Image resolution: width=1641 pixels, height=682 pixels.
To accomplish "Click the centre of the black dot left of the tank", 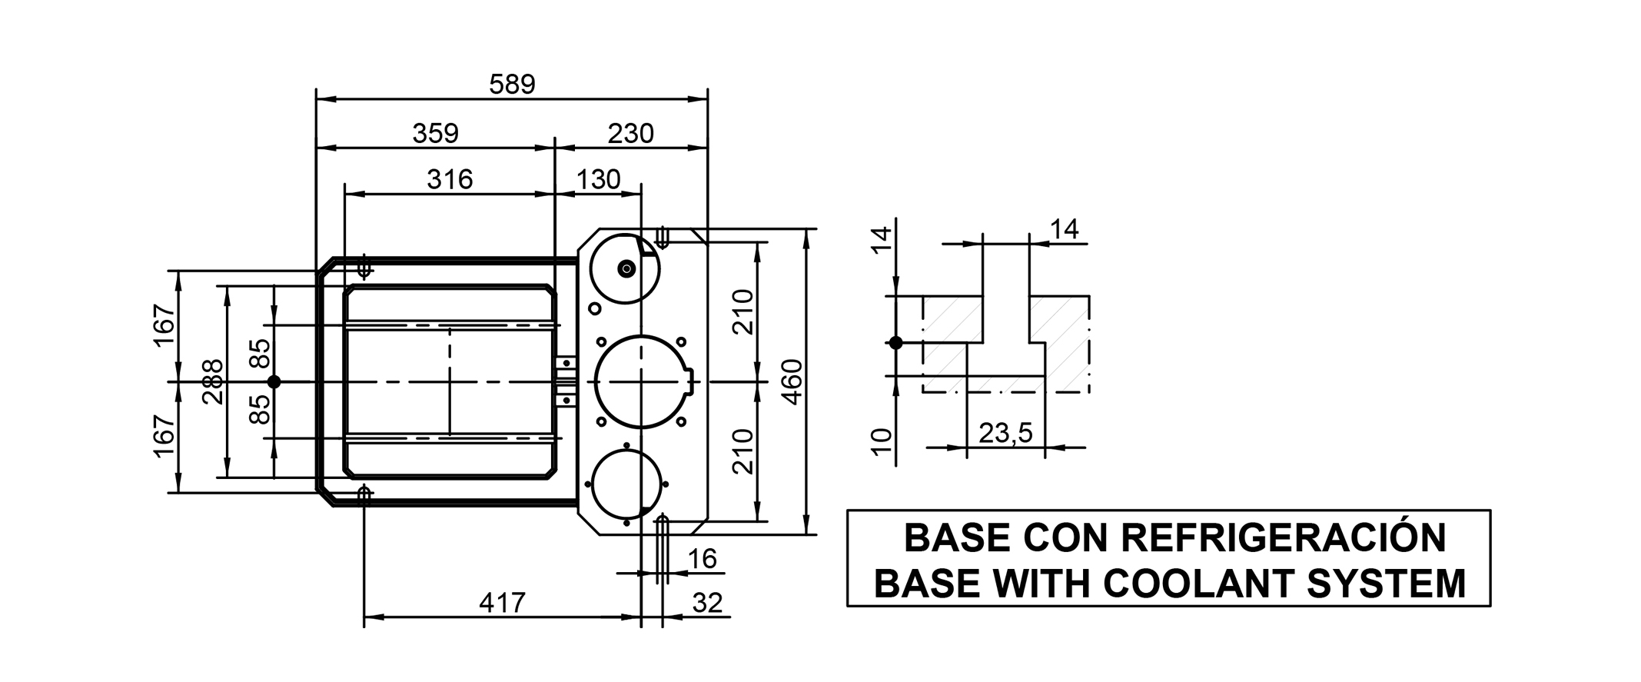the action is click(274, 381).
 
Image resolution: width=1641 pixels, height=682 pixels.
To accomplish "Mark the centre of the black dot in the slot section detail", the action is click(895, 343).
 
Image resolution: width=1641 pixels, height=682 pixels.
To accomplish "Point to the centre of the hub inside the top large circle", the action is click(626, 268).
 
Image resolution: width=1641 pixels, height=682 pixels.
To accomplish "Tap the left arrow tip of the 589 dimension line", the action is click(317, 99).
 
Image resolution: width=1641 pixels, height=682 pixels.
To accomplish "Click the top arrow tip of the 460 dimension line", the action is click(806, 229).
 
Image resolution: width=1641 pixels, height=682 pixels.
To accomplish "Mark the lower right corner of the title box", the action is click(1490, 606).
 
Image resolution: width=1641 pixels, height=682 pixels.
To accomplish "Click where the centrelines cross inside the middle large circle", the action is click(641, 381).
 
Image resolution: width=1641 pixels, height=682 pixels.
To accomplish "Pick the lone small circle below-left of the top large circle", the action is click(594, 308).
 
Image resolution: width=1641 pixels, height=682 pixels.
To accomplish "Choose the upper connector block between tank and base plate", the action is click(566, 361).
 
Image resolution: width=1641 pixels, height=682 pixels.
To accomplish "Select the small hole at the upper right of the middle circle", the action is click(681, 342).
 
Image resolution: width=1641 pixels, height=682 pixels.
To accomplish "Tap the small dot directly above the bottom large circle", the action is click(626, 445).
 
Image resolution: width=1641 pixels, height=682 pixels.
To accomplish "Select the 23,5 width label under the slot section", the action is click(1005, 434).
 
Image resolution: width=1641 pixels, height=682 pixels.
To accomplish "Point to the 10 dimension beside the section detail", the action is click(883, 442).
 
